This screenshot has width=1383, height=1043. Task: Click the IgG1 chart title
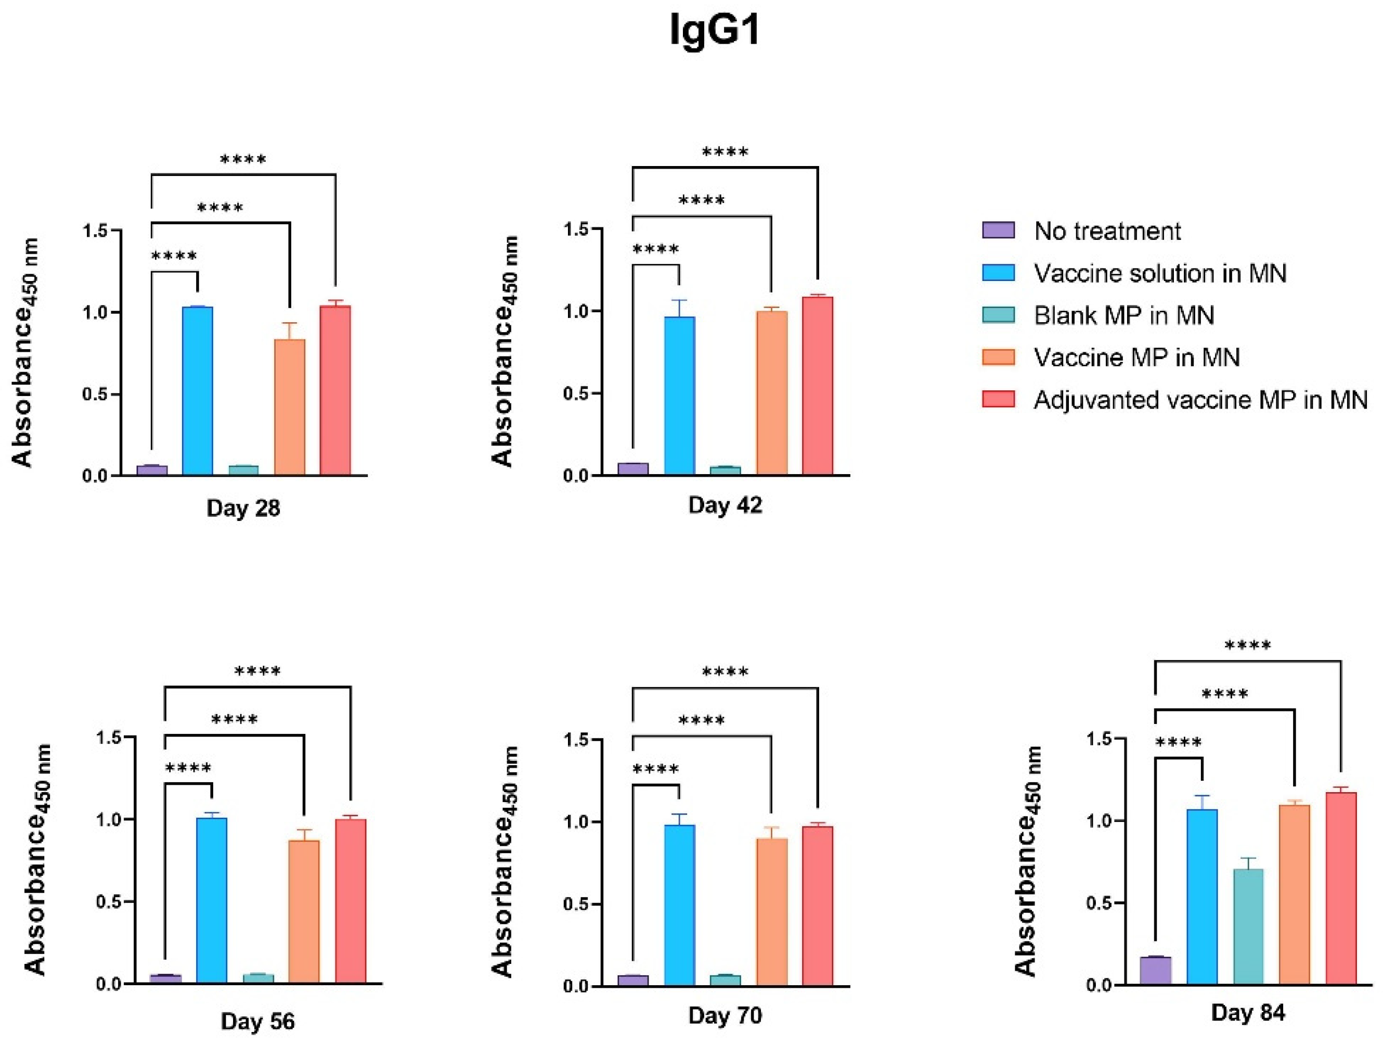[x=715, y=31]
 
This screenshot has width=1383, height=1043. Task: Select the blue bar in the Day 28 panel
[x=198, y=391]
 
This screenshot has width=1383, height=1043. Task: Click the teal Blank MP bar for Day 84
[x=1248, y=926]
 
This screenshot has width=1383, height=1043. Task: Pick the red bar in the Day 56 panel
[x=351, y=901]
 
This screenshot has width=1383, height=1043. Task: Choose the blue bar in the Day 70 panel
[x=680, y=906]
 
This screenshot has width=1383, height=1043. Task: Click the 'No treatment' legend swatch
[x=999, y=230]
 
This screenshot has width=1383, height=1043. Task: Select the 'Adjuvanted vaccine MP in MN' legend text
[x=1200, y=399]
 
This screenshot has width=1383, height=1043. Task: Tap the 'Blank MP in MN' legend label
[x=1123, y=315]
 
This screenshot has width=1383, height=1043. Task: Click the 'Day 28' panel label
[x=243, y=507]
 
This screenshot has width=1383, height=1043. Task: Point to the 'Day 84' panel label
[x=1248, y=1012]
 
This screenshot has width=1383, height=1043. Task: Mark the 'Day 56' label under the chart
[x=257, y=1022]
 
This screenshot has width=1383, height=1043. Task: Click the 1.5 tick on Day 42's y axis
[x=578, y=229]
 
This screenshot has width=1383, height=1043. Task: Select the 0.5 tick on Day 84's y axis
[x=1101, y=903]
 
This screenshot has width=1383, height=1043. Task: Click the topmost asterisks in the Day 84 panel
[x=1248, y=644]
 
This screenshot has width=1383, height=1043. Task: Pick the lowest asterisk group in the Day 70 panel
[x=656, y=769]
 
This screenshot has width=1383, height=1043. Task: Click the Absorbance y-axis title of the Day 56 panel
[x=37, y=860]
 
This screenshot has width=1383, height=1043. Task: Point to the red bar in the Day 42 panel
[x=818, y=386]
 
